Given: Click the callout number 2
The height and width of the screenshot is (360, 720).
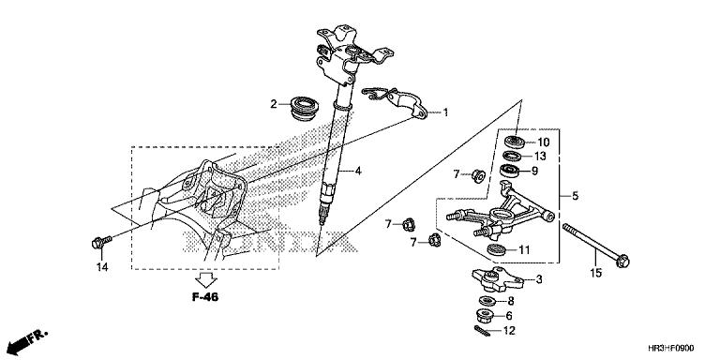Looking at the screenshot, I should tap(274, 104).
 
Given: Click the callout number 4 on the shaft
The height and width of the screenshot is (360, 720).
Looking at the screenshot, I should tap(358, 172).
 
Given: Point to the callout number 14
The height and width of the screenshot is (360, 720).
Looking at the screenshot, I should tap(102, 267).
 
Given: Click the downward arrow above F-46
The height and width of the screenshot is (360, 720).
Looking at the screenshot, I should tap(205, 280).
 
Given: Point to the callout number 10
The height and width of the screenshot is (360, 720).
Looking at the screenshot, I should tap(543, 142).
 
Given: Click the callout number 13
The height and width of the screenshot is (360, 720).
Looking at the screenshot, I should tap(541, 157).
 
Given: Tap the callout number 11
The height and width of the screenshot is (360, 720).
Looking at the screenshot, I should tap(524, 250).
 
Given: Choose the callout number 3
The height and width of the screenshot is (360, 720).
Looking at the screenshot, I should tap(538, 279).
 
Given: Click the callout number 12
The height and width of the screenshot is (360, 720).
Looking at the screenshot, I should tap(510, 331).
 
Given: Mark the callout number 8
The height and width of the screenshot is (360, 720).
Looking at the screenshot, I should tap(511, 301).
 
